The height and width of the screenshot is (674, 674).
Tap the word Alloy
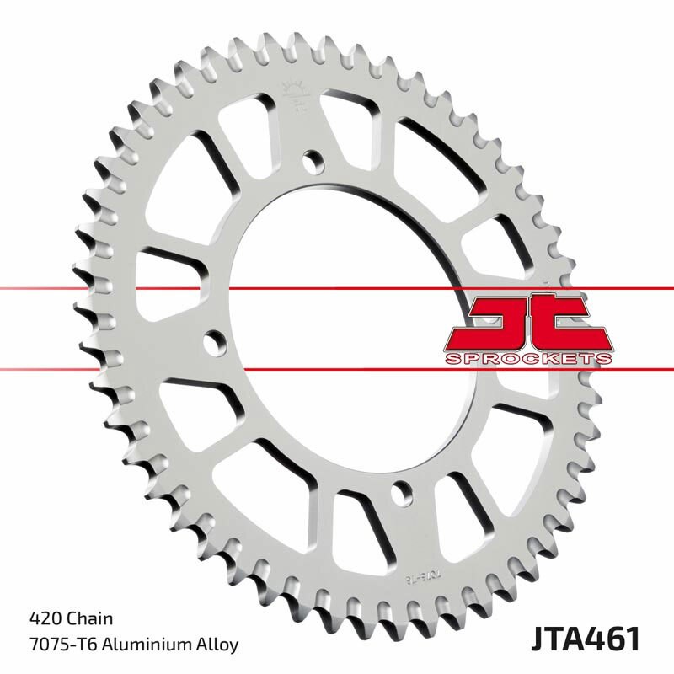(217, 645)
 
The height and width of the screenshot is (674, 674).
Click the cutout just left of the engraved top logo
(244, 126)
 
